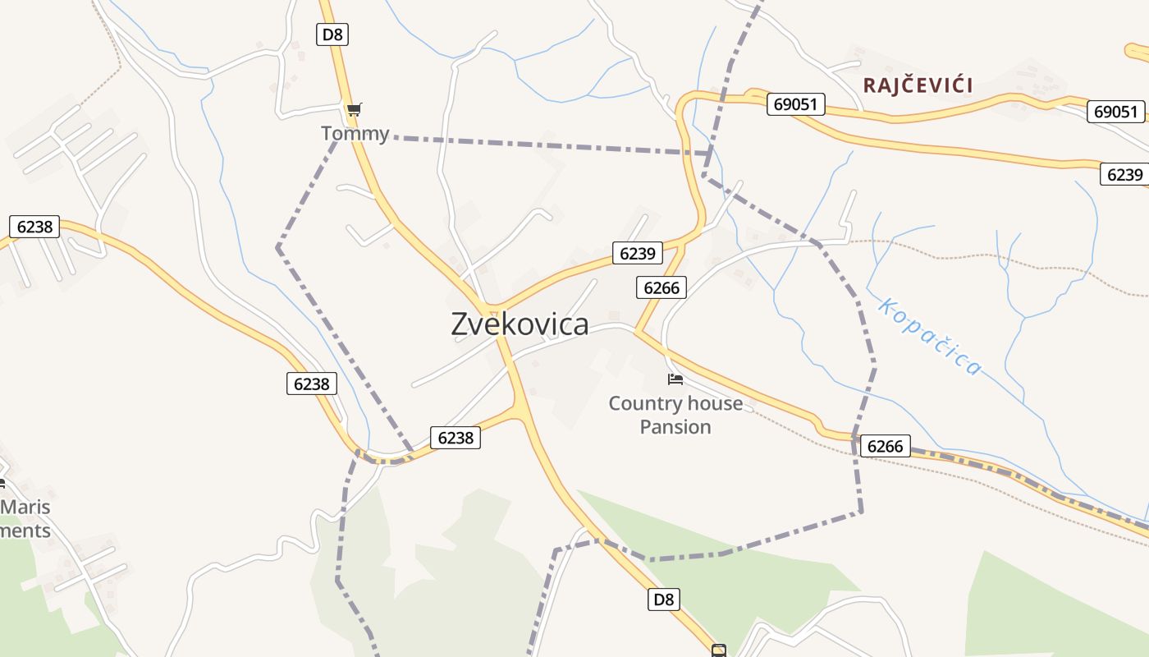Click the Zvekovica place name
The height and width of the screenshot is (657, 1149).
click(x=520, y=324)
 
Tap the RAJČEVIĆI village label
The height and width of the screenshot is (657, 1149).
click(x=918, y=85)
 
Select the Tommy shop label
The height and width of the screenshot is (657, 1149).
click(x=355, y=133)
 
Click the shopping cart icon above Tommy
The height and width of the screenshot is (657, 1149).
click(x=354, y=109)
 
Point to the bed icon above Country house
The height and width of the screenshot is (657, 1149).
click(x=675, y=379)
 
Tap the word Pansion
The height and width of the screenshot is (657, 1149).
click(x=675, y=427)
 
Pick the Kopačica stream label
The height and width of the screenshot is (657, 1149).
click(x=929, y=337)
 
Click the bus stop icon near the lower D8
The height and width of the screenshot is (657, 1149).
click(x=719, y=650)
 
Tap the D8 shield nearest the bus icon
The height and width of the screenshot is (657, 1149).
click(x=664, y=600)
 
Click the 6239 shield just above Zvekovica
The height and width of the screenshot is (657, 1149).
click(x=637, y=254)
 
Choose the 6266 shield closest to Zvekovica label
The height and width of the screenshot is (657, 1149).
click(x=661, y=287)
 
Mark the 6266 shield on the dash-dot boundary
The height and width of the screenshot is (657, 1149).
click(x=885, y=447)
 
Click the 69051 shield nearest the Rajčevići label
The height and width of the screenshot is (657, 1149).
click(x=795, y=104)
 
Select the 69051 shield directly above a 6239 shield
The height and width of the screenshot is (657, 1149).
click(x=1115, y=112)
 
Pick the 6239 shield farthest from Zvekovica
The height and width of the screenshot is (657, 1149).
click(x=1124, y=174)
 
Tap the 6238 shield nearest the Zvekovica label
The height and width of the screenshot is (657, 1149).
click(x=455, y=438)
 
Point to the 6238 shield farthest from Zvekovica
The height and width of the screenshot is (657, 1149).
click(x=34, y=227)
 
